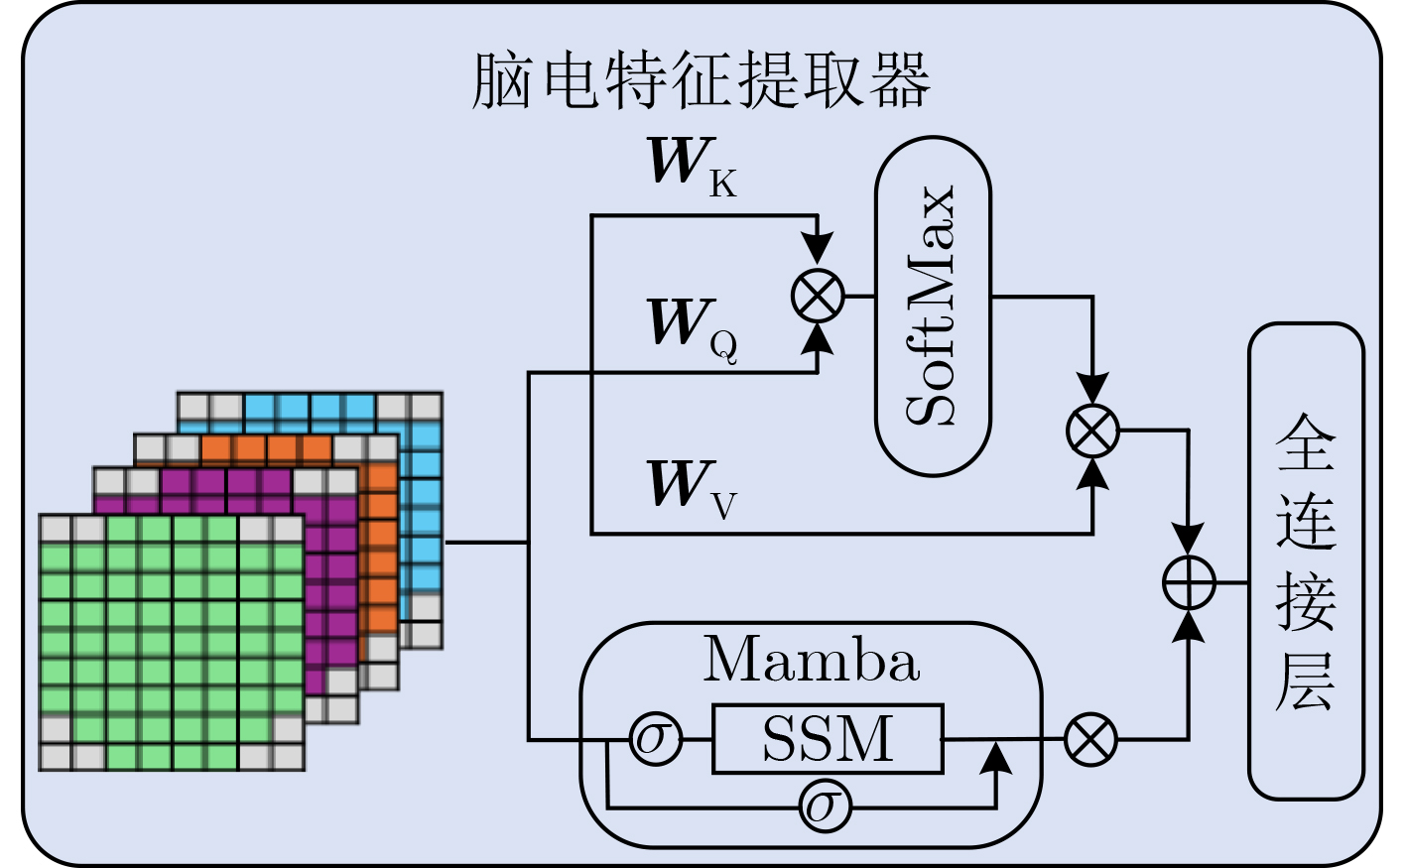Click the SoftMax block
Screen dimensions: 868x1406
pyautogui.click(x=933, y=306)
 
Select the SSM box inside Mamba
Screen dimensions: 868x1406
pyautogui.click(x=827, y=739)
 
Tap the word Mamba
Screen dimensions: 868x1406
pyautogui.click(x=811, y=660)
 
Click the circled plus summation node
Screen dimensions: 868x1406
pyautogui.click(x=1189, y=582)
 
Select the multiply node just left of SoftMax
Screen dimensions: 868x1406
pyautogui.click(x=818, y=296)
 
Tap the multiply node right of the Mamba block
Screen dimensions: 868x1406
pyautogui.click(x=1090, y=739)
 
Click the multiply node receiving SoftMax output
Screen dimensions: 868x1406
pyautogui.click(x=1092, y=432)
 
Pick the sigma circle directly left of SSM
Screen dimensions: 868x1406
pyautogui.click(x=656, y=739)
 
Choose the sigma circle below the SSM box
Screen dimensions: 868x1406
pyautogui.click(x=826, y=807)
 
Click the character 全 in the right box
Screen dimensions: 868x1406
pyautogui.click(x=1305, y=442)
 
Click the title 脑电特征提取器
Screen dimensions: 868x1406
pyautogui.click(x=701, y=79)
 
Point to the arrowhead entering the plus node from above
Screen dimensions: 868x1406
pyautogui.click(x=1189, y=541)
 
